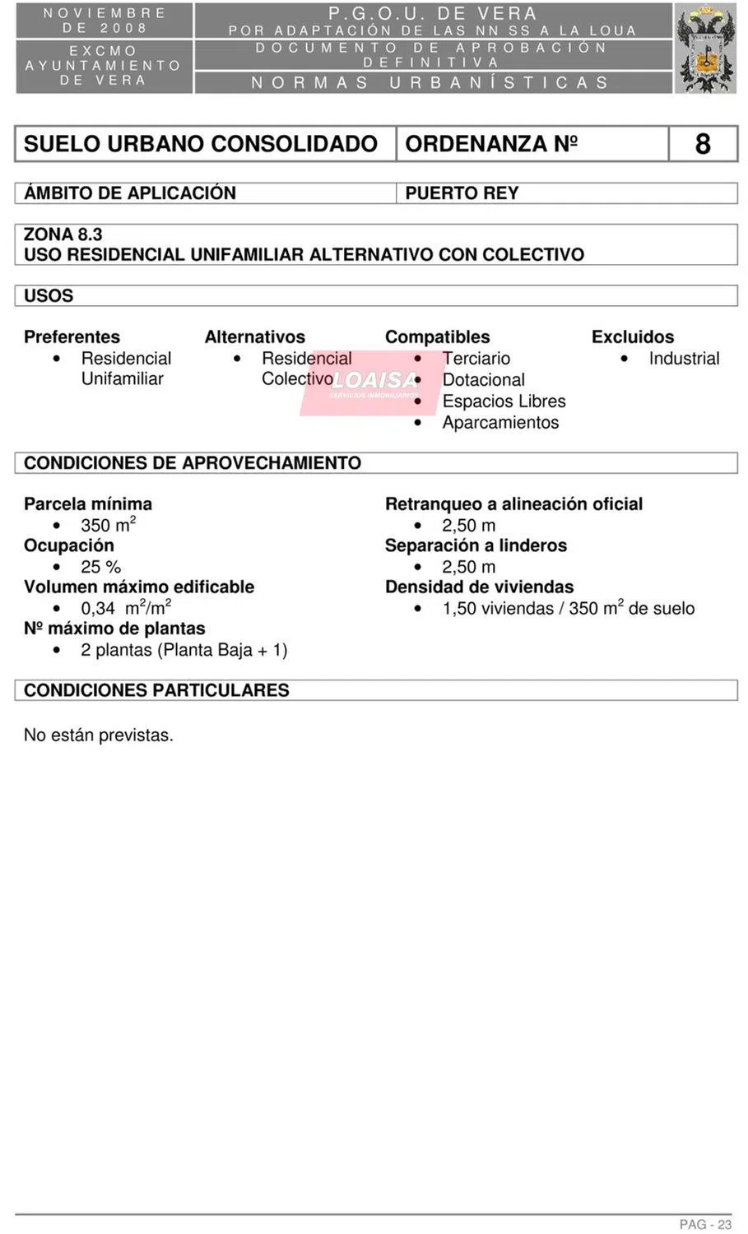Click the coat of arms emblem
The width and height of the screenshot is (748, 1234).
click(x=706, y=49)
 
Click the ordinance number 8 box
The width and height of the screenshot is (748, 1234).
click(x=702, y=144)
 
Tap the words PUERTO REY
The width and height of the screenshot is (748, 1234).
click(x=462, y=193)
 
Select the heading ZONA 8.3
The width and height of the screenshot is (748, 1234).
click(x=63, y=234)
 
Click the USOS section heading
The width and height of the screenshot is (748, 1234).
click(x=49, y=296)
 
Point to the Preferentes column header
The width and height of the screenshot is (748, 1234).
click(x=72, y=337)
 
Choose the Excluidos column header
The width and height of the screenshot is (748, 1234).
click(x=632, y=337)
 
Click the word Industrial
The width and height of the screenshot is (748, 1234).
click(x=683, y=359)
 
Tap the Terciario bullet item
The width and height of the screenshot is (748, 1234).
click(x=476, y=359)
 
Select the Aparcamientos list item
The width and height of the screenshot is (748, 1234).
click(x=500, y=423)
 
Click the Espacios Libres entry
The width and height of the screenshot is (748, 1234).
click(x=504, y=401)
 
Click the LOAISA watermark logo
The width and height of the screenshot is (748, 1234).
click(x=375, y=382)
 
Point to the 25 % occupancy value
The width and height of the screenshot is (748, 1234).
click(x=100, y=567)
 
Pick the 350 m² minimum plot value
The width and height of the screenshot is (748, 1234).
click(x=108, y=525)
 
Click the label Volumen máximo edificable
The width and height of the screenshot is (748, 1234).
click(x=139, y=587)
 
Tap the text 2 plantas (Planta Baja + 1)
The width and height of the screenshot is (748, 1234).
click(x=184, y=650)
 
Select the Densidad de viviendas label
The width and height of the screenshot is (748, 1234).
click(x=479, y=587)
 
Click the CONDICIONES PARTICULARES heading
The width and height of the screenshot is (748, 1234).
click(x=156, y=690)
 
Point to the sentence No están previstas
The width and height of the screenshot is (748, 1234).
click(x=99, y=735)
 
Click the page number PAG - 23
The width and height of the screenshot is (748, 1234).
click(x=705, y=1224)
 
